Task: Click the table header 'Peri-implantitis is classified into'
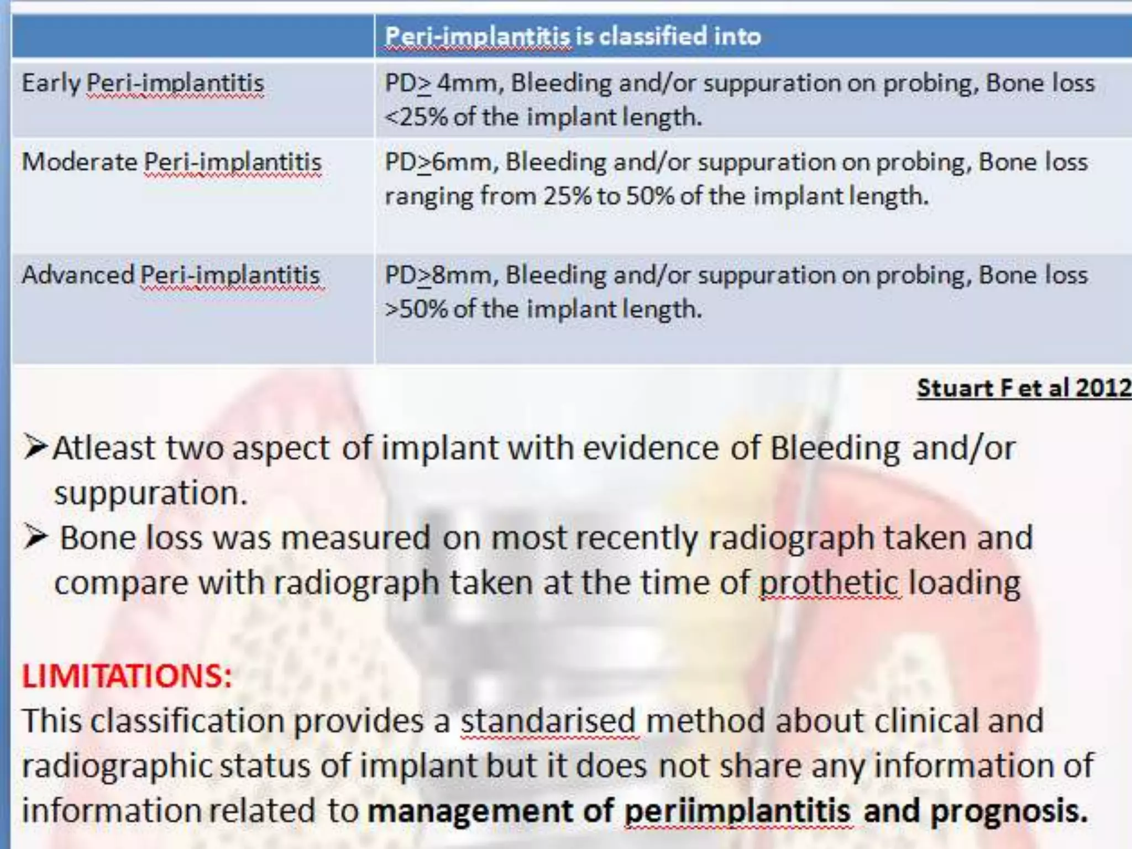(573, 36)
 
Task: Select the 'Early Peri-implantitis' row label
(143, 84)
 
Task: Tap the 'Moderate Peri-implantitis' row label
(171, 163)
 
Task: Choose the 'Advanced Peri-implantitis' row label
(171, 275)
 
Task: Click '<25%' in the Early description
(416, 117)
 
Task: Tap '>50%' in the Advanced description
(416, 309)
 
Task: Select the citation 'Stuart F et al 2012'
(1024, 388)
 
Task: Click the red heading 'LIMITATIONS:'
(127, 675)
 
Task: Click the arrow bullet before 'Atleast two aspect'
(35, 447)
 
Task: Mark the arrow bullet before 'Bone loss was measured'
(35, 537)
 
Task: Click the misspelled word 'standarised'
(549, 721)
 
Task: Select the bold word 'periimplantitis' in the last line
(738, 811)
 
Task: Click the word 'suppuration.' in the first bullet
(150, 492)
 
